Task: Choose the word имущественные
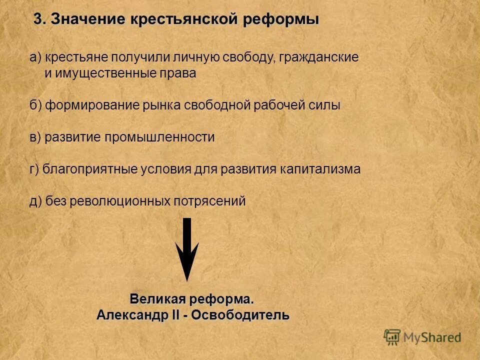tap(107, 73)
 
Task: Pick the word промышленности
tap(159, 137)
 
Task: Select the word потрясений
tap(210, 201)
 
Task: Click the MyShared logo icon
tap(392, 337)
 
